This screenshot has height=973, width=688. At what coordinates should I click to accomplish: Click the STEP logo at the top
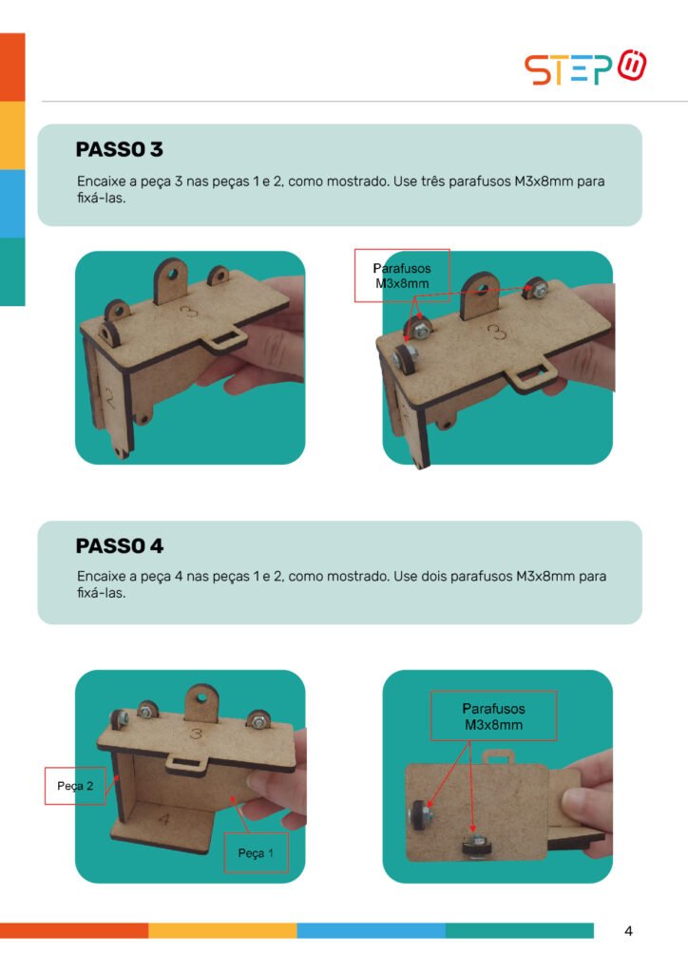(585, 67)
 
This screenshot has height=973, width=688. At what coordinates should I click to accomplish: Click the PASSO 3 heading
(119, 149)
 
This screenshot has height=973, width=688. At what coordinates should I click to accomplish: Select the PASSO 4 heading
(120, 546)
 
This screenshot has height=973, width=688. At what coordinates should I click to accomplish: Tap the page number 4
(628, 931)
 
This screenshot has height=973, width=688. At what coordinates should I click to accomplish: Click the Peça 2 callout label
(75, 786)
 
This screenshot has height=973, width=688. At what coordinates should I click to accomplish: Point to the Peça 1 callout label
(256, 853)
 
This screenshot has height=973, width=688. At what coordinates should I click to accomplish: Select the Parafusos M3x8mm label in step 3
(402, 276)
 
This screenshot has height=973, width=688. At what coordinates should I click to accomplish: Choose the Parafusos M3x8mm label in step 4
(494, 716)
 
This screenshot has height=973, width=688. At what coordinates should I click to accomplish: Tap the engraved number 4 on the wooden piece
(163, 819)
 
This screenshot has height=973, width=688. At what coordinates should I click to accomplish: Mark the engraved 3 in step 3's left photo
(188, 311)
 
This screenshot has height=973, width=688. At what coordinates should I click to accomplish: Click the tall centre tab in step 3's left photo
(171, 280)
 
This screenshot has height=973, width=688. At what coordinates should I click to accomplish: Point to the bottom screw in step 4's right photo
(476, 846)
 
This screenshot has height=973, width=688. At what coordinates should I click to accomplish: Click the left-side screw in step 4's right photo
(420, 814)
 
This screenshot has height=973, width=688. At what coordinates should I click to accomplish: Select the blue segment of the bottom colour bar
(371, 930)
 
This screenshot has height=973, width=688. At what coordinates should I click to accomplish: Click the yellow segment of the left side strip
(12, 135)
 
